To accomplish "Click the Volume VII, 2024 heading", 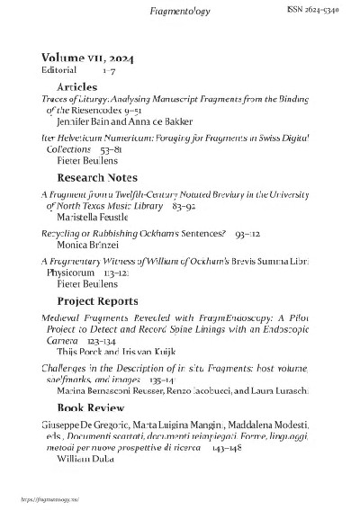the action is pos(85,57).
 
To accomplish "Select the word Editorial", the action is pos(58,69).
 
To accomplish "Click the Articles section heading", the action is pos(76,85).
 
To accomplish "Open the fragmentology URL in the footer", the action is pos(40,497).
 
